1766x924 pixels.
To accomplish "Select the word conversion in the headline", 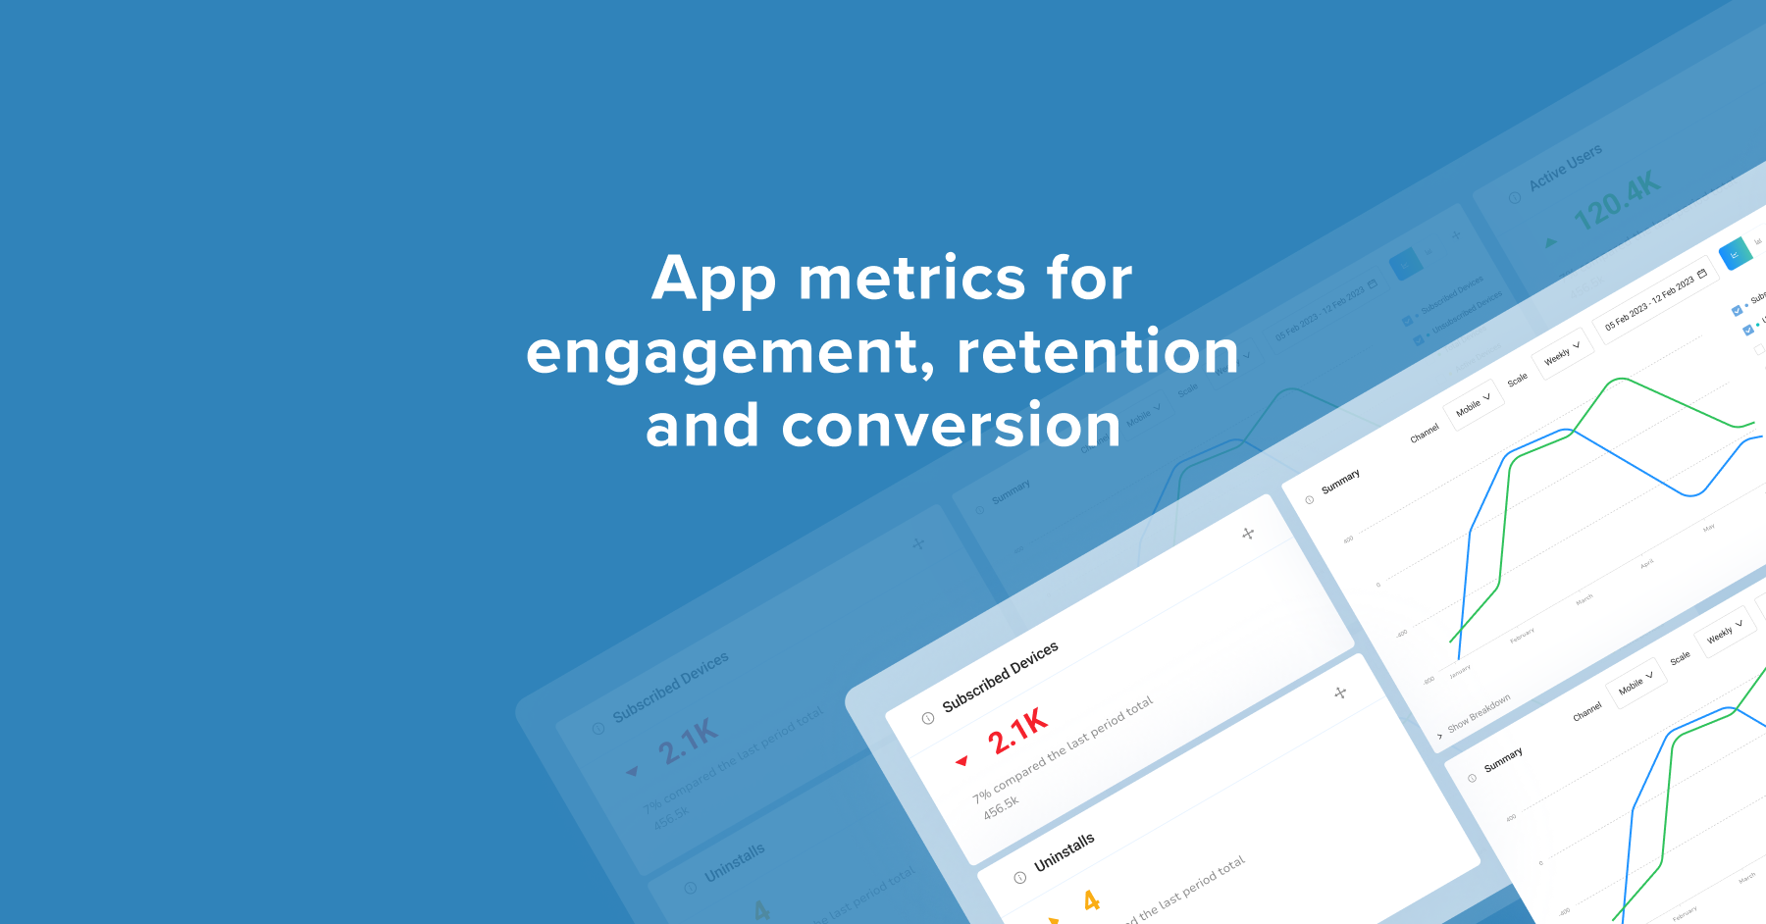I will click(950, 426).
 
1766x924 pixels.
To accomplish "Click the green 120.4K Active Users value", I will click(1616, 201).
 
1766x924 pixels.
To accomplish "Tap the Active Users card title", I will click(1565, 167).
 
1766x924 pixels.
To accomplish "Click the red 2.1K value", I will click(1017, 730).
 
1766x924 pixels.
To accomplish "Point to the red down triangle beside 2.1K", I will click(961, 761).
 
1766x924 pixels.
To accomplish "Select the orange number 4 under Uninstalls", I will click(1091, 900).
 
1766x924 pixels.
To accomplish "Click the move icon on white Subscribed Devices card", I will click(1248, 534).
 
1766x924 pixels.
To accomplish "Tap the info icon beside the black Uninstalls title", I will click(1020, 878).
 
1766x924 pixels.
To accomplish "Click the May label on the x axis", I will click(1709, 528).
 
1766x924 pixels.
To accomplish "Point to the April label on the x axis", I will click(1646, 564).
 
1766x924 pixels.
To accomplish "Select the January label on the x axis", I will click(1460, 672).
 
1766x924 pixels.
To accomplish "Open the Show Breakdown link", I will click(1478, 713).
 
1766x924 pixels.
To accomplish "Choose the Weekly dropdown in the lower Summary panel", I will click(1724, 631).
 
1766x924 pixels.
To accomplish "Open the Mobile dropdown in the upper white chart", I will click(1473, 403).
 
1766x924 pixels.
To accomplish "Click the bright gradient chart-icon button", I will click(1735, 253).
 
